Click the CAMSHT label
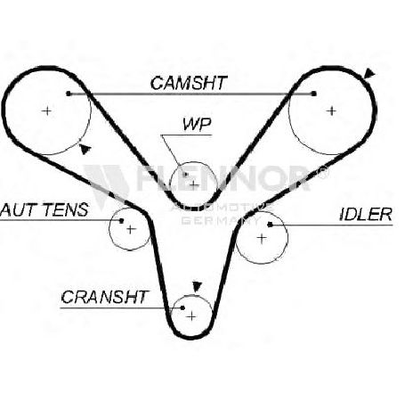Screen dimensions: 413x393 (x=189, y=83)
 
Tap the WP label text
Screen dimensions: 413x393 (x=197, y=125)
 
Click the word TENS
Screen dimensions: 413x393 (x=66, y=209)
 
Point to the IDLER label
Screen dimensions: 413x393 (x=366, y=214)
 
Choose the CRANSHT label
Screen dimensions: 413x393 (x=104, y=297)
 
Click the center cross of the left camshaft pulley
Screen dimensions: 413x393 (x=46, y=111)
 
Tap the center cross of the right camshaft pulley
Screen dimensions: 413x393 (x=331, y=111)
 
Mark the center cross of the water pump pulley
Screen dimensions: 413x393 (x=194, y=185)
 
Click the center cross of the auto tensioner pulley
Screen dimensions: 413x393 (x=131, y=229)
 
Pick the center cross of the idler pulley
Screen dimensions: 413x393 (x=262, y=238)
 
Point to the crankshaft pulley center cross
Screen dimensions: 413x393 (x=192, y=316)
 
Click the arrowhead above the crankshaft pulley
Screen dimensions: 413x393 (x=197, y=287)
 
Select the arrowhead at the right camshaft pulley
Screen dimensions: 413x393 (x=369, y=74)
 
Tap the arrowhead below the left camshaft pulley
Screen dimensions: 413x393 (x=85, y=149)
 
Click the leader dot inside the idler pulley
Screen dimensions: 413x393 (x=270, y=225)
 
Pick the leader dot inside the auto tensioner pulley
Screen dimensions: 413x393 (x=121, y=220)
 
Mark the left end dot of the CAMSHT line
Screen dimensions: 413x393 (x=69, y=94)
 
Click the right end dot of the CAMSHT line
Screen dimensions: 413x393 (x=314, y=94)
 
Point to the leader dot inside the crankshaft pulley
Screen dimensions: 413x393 (x=182, y=307)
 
